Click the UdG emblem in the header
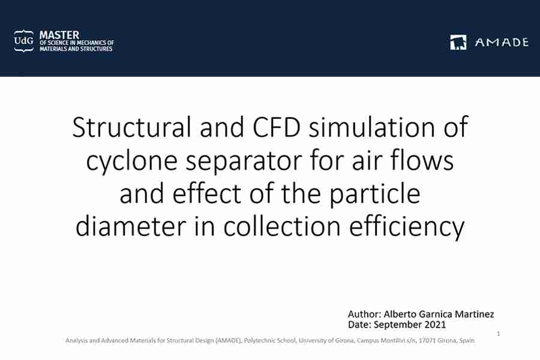tap(24, 41)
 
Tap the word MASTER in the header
tap(59, 35)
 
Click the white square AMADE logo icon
tap(458, 42)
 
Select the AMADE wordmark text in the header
tap(502, 43)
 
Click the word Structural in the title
tap(131, 127)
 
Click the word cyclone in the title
tap(131, 161)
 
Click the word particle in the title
tap(375, 194)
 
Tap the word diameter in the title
tap(131, 226)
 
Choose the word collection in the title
tap(282, 226)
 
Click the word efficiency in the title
tap(407, 227)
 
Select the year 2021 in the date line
tap(435, 325)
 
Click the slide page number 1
tap(499, 334)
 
